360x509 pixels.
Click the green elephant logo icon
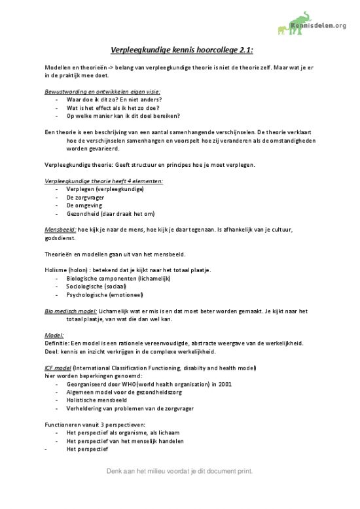pyautogui.click(x=287, y=23)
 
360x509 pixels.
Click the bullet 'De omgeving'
pyautogui.click(x=84, y=205)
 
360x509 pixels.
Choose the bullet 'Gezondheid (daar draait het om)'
pyautogui.click(x=110, y=213)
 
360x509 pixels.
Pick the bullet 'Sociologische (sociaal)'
pyautogui.click(x=96, y=287)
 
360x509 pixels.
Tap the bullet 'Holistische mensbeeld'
pyautogui.click(x=96, y=400)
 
